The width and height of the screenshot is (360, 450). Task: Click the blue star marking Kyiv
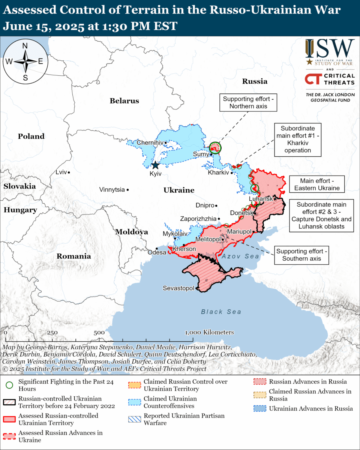pyautogui.click(x=155, y=165)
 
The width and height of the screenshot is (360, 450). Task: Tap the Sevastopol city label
pyautogui.click(x=178, y=288)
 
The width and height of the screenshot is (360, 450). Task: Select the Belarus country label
pyautogui.click(x=124, y=100)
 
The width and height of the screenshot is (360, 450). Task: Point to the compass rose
pyautogui.click(x=25, y=61)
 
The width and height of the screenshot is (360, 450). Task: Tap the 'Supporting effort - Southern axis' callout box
pyautogui.click(x=302, y=255)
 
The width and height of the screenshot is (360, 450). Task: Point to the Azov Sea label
pyautogui.click(x=240, y=256)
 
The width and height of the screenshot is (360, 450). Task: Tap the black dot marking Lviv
pyautogui.click(x=69, y=172)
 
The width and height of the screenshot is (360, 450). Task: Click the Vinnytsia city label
pyautogui.click(x=112, y=190)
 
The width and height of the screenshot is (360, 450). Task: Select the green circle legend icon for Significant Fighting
pyautogui.click(x=9, y=385)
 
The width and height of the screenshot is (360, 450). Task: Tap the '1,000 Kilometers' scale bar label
pyautogui.click(x=210, y=332)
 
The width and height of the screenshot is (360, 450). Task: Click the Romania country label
pyautogui.click(x=73, y=256)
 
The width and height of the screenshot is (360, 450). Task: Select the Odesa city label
pyautogui.click(x=157, y=252)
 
